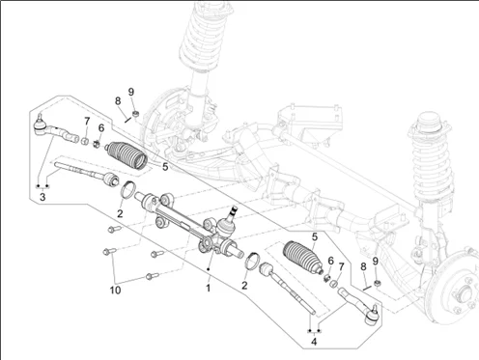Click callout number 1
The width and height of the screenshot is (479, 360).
pyautogui.click(x=209, y=288)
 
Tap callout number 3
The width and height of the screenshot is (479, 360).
pyautogui.click(x=42, y=197)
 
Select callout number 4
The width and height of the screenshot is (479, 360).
pyautogui.click(x=314, y=341)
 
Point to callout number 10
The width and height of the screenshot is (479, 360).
pyautogui.click(x=115, y=291)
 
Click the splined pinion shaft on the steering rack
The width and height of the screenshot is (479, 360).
pyautogui.click(x=234, y=212)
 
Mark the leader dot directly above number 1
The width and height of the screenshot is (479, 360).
pyautogui.click(x=209, y=269)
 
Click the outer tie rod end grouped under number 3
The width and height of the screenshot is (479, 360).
pyautogui.click(x=56, y=130)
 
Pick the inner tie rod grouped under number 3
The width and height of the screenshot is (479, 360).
pyautogui.click(x=87, y=174)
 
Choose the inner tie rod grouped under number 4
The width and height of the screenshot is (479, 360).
pyautogui.click(x=287, y=287)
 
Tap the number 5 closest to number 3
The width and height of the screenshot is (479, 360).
pyautogui.click(x=165, y=167)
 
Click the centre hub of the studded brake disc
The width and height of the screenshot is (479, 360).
pyautogui.click(x=465, y=292)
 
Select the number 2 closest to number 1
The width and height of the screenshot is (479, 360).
pyautogui.click(x=244, y=285)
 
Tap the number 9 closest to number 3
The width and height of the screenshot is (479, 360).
pyautogui.click(x=130, y=92)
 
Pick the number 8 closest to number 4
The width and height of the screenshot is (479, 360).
pyautogui.click(x=363, y=266)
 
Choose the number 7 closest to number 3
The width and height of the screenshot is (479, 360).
pyautogui.click(x=87, y=122)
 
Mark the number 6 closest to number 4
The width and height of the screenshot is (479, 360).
pyautogui.click(x=330, y=261)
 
